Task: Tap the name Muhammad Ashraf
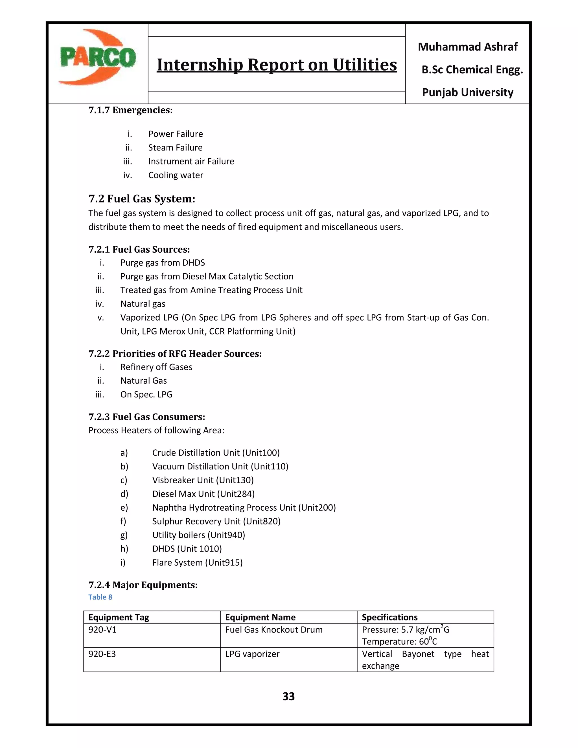[467, 47]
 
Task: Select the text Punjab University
[467, 93]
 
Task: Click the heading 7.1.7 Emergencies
[130, 110]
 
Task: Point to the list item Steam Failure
[175, 148]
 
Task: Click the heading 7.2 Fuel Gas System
[142, 199]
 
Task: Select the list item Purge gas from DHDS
[162, 263]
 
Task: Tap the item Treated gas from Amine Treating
[211, 290]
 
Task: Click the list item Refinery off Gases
[156, 367]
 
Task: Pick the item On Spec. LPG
[146, 395]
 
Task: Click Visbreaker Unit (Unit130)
[203, 480]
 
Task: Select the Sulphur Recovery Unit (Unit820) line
[216, 521]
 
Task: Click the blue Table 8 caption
[100, 597]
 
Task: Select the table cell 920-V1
[102, 629]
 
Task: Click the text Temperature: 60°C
[399, 642]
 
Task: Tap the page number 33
[288, 696]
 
